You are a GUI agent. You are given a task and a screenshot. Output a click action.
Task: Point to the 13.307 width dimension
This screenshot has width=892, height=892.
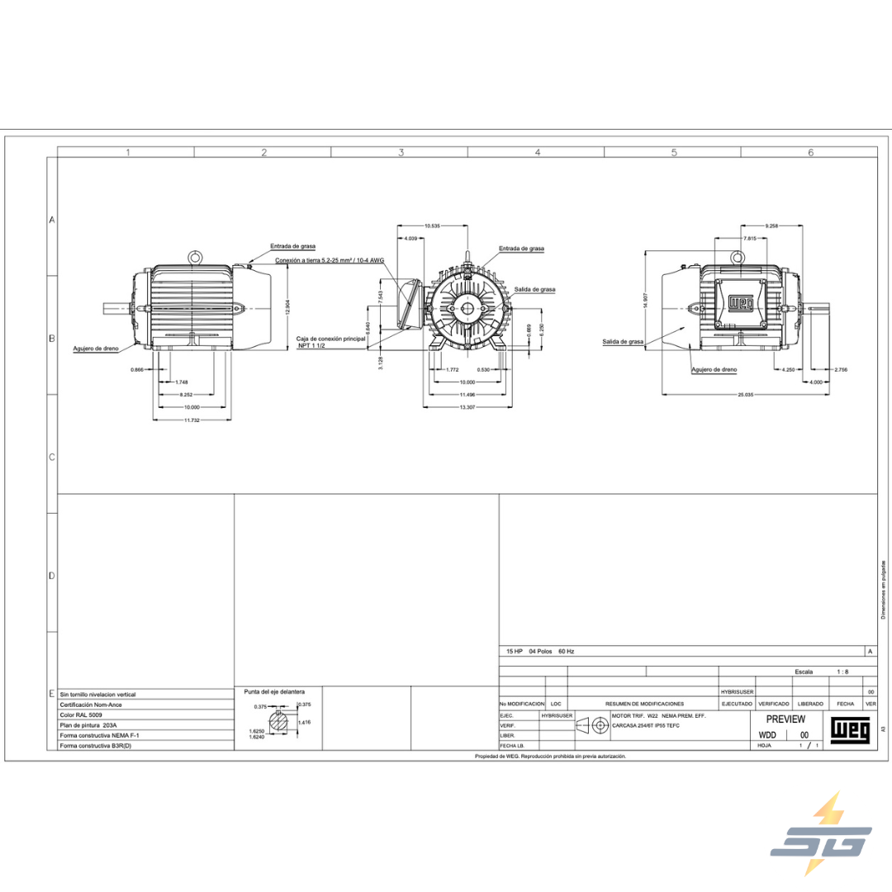coord(467,407)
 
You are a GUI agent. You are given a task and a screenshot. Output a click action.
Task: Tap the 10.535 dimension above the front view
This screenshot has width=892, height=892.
coord(431,225)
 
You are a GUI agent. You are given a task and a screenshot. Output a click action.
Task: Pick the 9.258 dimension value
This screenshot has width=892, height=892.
coord(772,225)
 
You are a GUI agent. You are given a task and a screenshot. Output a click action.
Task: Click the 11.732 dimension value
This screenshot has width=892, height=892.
coord(192,420)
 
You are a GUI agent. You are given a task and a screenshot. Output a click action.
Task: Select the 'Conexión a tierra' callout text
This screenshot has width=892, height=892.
coord(330,259)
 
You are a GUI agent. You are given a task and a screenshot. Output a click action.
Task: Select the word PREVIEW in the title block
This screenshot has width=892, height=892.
coord(785,719)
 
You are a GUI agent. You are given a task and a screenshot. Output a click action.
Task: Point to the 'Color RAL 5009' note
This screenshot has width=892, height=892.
coord(81,714)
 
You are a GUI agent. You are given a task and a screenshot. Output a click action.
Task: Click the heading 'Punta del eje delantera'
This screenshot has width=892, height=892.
coord(274,690)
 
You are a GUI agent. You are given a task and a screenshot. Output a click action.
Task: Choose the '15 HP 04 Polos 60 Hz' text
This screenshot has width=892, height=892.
coord(540,651)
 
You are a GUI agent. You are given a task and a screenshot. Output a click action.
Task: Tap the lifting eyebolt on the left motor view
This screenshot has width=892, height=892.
coord(195,257)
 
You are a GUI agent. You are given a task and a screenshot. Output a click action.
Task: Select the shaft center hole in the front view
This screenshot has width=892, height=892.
coord(467,308)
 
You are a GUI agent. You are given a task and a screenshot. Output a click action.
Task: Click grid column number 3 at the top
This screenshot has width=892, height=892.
coord(401,152)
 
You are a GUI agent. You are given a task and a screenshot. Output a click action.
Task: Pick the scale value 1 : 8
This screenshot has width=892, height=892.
coord(842,671)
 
